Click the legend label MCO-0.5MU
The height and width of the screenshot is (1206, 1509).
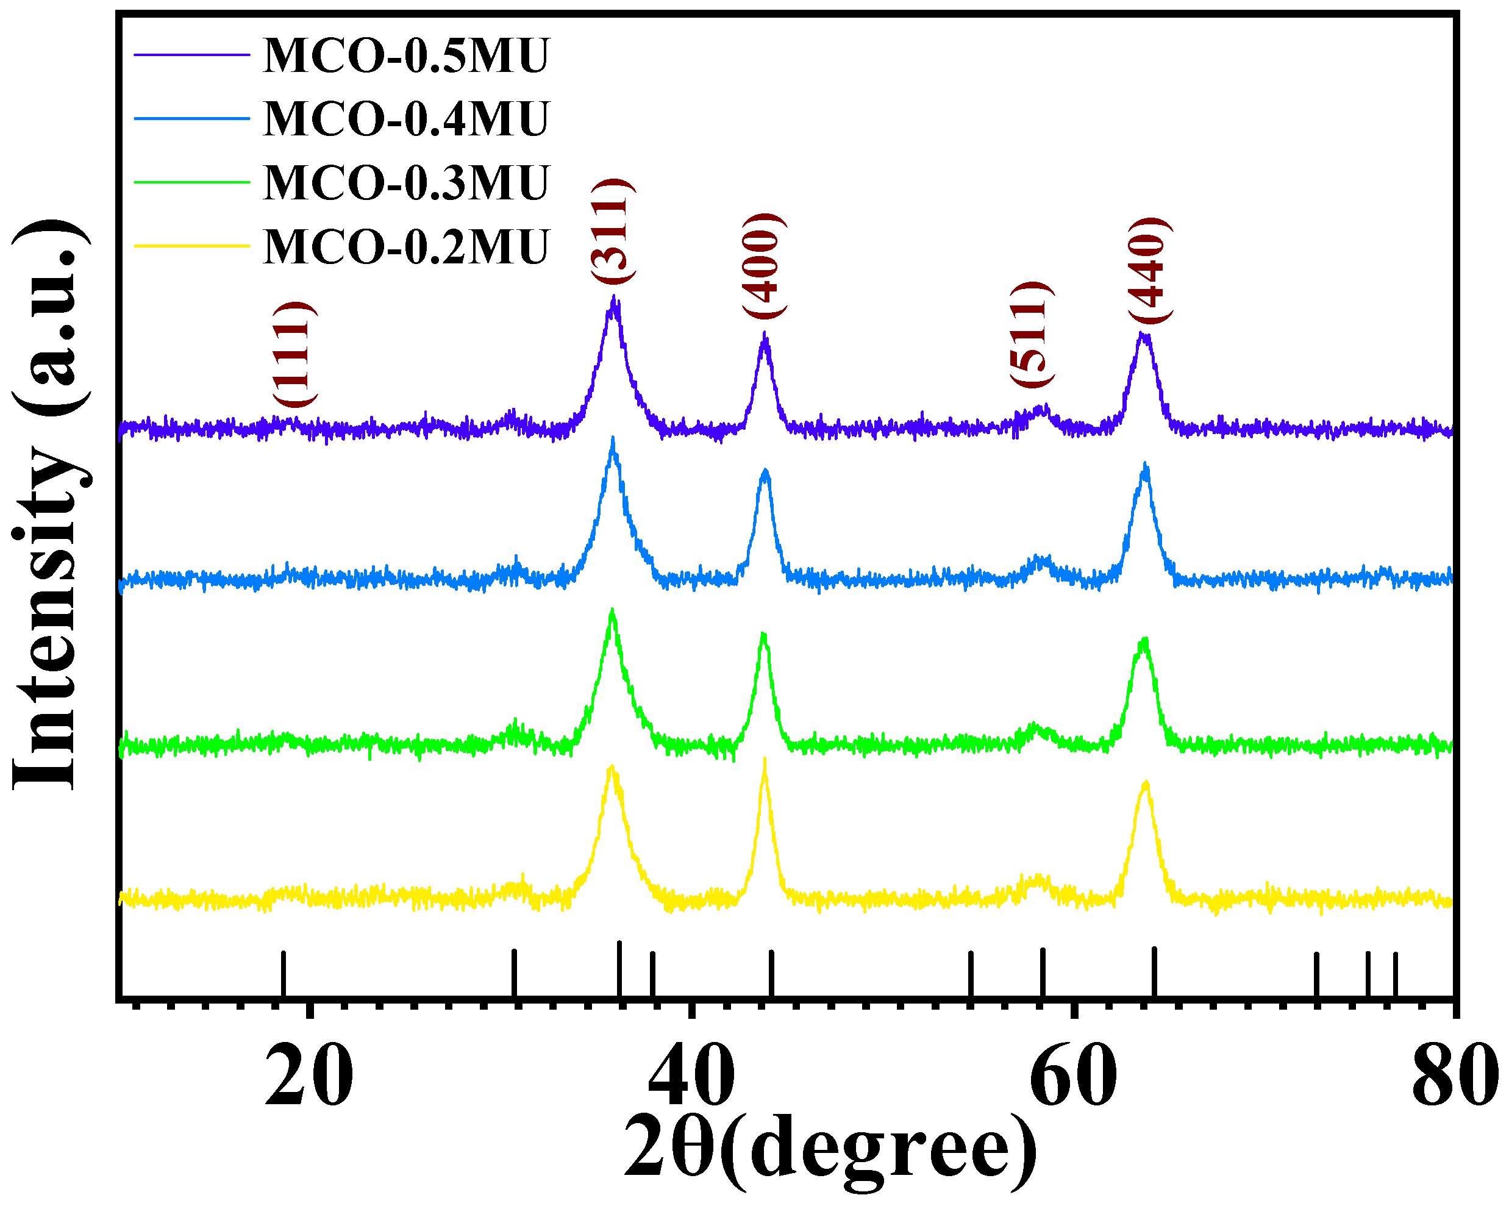click(406, 56)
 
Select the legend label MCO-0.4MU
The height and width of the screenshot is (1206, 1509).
click(406, 119)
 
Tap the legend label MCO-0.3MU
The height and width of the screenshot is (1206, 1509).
click(406, 183)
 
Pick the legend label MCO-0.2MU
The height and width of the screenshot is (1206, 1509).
click(406, 247)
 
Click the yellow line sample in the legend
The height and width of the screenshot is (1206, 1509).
click(192, 246)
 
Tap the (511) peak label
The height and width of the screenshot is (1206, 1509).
click(1030, 334)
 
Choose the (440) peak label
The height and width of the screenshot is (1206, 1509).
click(1149, 270)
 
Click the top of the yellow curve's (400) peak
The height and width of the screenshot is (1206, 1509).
click(765, 760)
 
